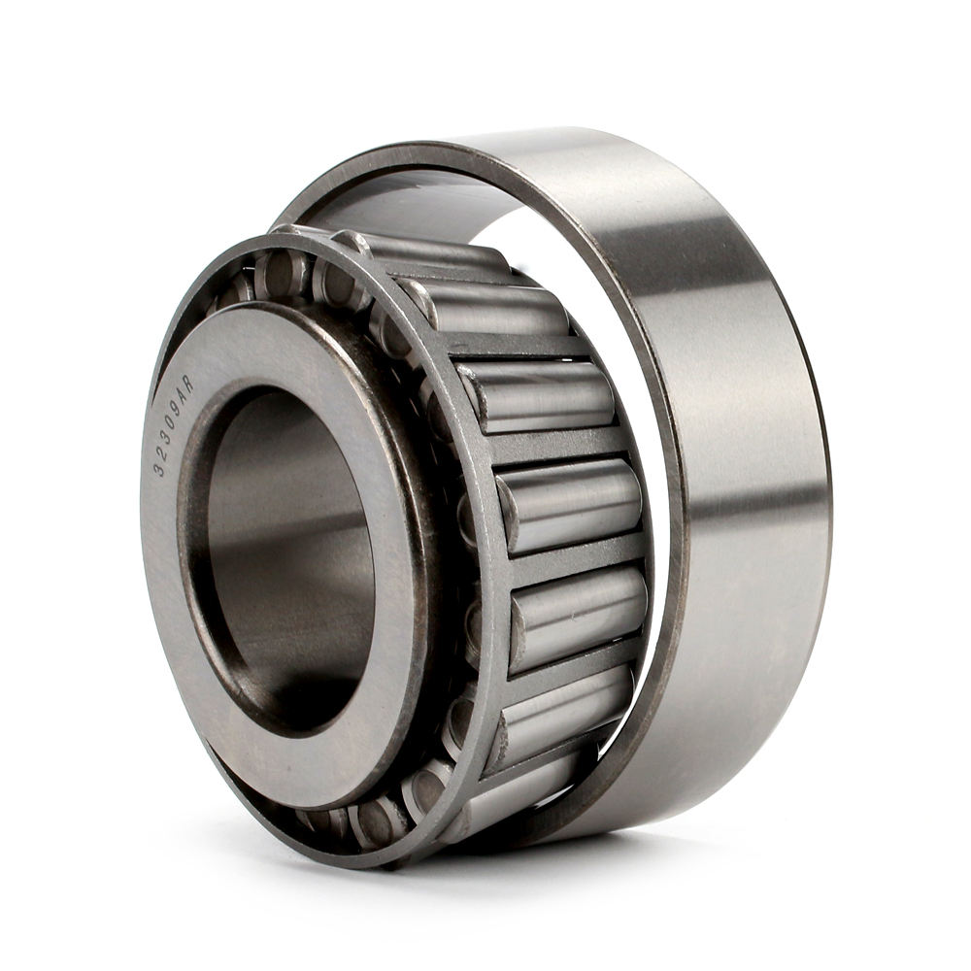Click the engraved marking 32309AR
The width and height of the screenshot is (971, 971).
click(x=173, y=425)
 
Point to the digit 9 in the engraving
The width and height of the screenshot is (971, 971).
click(x=177, y=409)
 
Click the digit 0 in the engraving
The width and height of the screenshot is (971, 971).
click(x=172, y=423)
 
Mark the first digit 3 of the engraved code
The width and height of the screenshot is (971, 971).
click(x=160, y=468)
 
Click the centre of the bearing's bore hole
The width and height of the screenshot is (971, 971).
click(x=291, y=553)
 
